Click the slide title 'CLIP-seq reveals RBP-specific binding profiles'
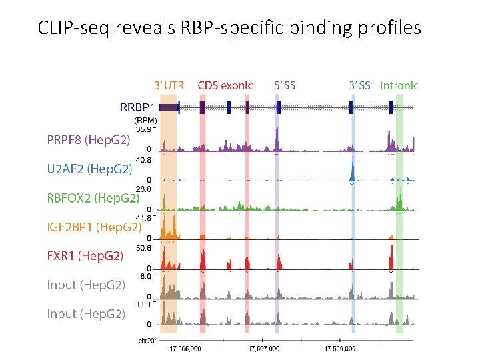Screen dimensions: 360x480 click(x=229, y=28)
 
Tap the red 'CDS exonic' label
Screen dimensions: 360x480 click(x=225, y=85)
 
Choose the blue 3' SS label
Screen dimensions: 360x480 click(x=360, y=85)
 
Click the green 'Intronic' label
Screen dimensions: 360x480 click(x=399, y=85)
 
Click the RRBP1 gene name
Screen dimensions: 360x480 click(x=137, y=107)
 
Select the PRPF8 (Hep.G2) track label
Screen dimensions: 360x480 click(x=88, y=140)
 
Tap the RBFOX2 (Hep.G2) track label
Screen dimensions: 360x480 click(x=93, y=198)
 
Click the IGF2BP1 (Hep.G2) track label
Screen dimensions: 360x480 click(x=94, y=227)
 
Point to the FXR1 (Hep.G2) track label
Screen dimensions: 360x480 click(x=85, y=255)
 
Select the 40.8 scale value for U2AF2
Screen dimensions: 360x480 click(x=144, y=160)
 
